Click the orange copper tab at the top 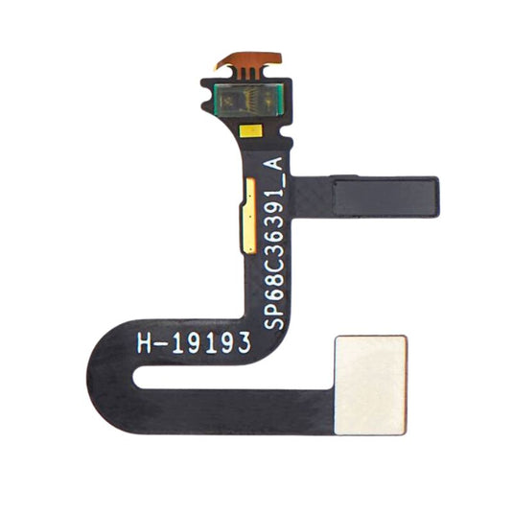[x=247, y=58]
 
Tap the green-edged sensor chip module [x=247, y=99]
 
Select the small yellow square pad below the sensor [x=251, y=130]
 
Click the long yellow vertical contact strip [x=248, y=216]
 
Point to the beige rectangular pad [x=370, y=385]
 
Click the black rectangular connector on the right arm [x=386, y=197]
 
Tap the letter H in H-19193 [x=144, y=343]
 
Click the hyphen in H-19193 [x=161, y=344]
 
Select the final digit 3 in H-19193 [x=245, y=342]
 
